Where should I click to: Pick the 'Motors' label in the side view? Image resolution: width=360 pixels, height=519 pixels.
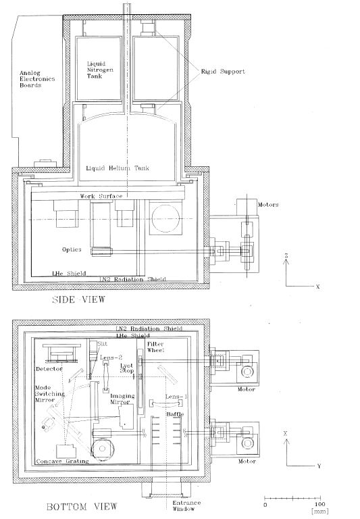tap(252, 203)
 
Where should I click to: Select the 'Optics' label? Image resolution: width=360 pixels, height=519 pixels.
tap(71, 249)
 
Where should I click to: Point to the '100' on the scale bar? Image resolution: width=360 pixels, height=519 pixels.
tap(318, 505)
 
